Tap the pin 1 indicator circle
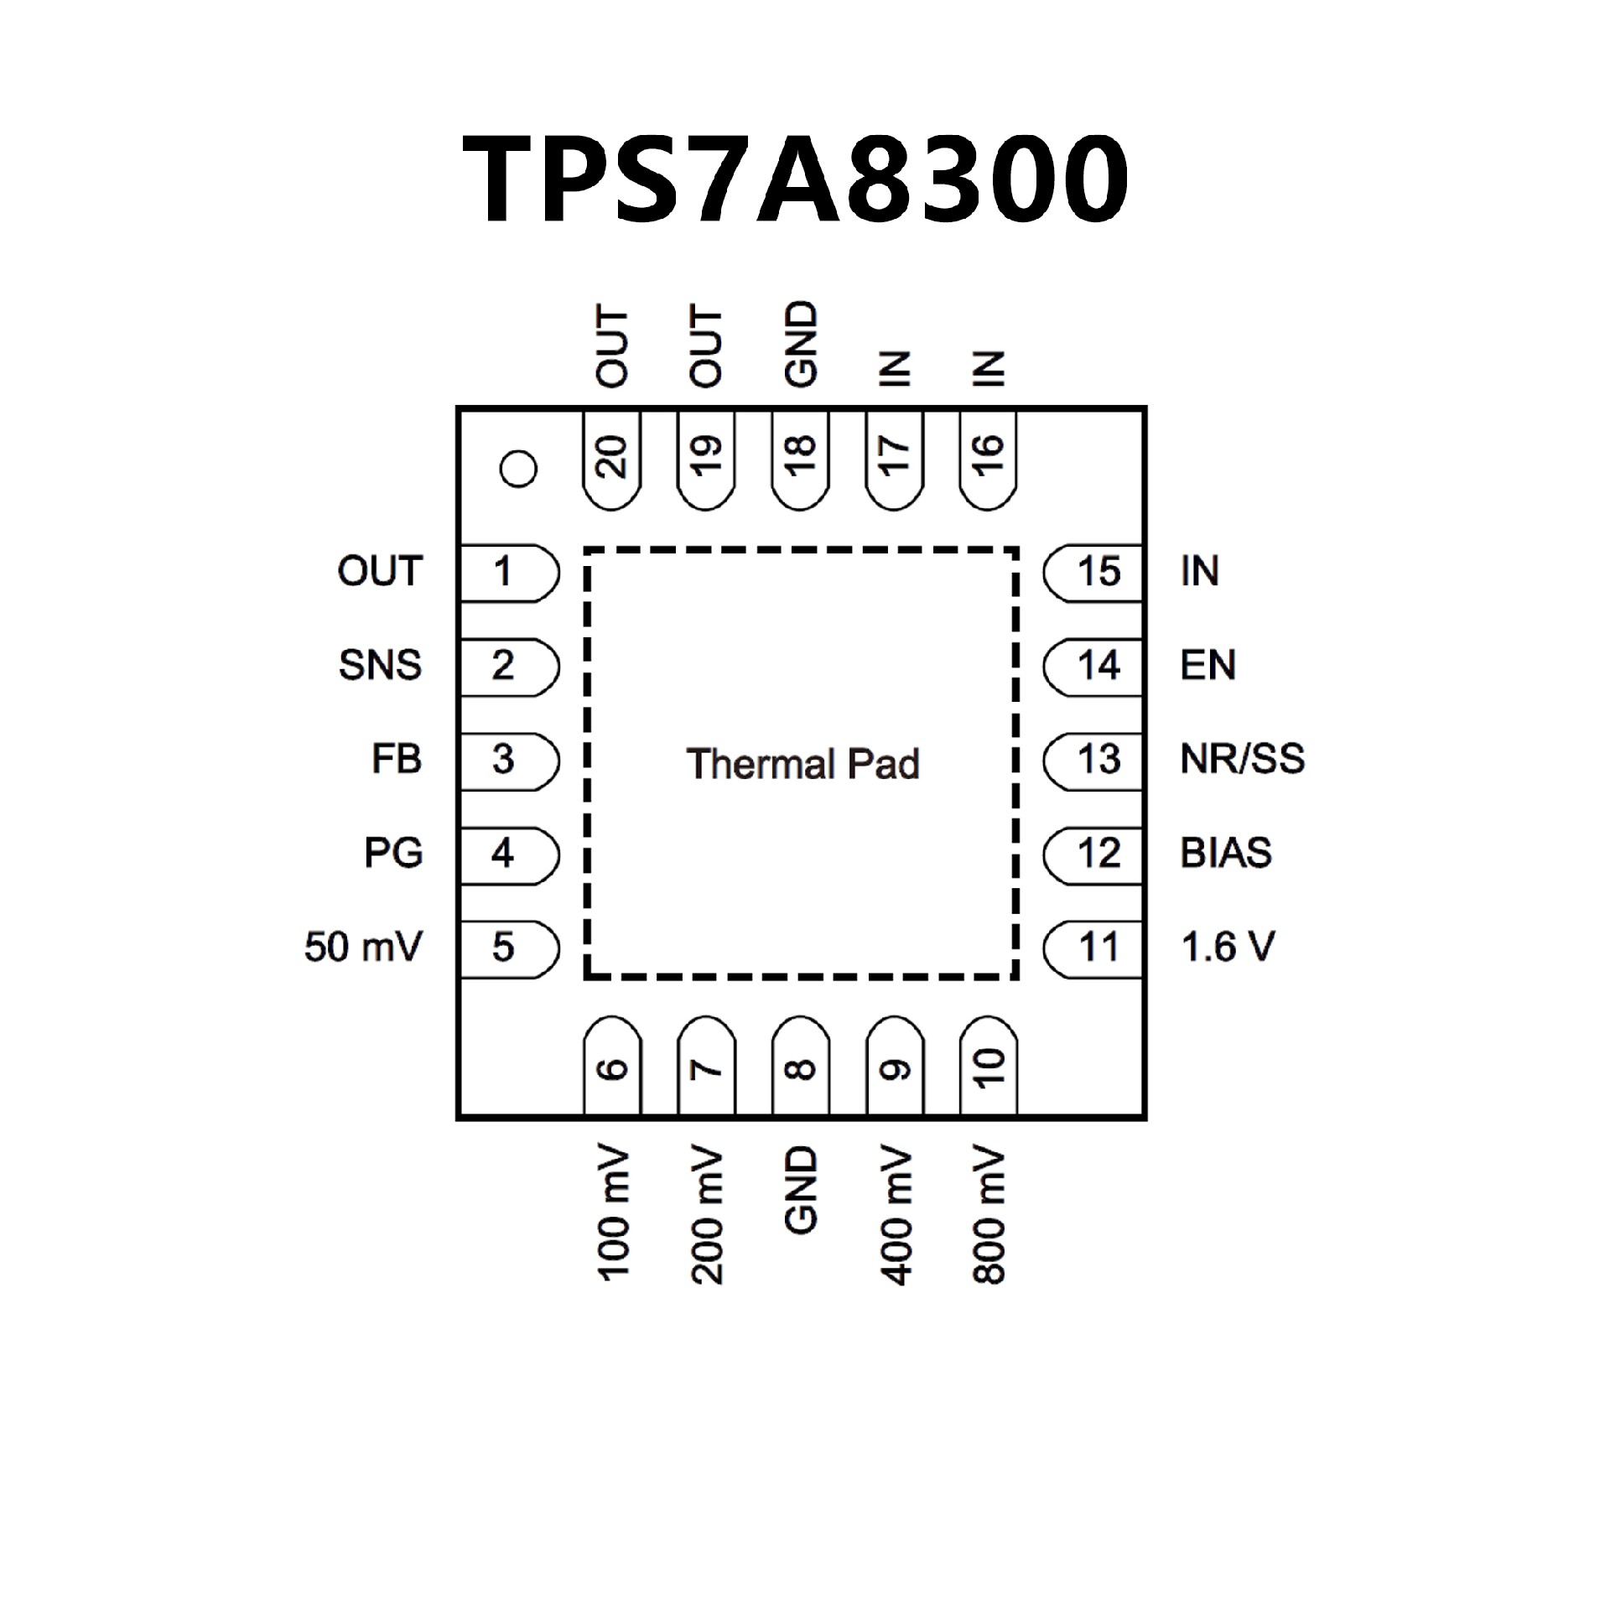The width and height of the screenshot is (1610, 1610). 517,469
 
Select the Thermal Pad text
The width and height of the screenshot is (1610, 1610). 802,764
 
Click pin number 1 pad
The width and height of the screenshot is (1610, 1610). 506,573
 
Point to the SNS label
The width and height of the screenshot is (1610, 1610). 380,666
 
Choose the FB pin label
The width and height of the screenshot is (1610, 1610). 396,760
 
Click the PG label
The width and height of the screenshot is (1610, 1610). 393,854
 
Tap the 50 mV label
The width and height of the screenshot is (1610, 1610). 363,948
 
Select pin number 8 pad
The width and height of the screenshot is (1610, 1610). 801,1067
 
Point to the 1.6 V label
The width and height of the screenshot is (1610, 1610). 1228,948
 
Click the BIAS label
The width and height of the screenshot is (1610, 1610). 1226,854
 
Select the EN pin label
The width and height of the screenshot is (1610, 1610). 1208,666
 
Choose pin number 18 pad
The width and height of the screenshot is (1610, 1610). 801,459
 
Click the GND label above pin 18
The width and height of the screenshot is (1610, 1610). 801,344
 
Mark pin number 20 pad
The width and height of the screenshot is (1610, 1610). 613,459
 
